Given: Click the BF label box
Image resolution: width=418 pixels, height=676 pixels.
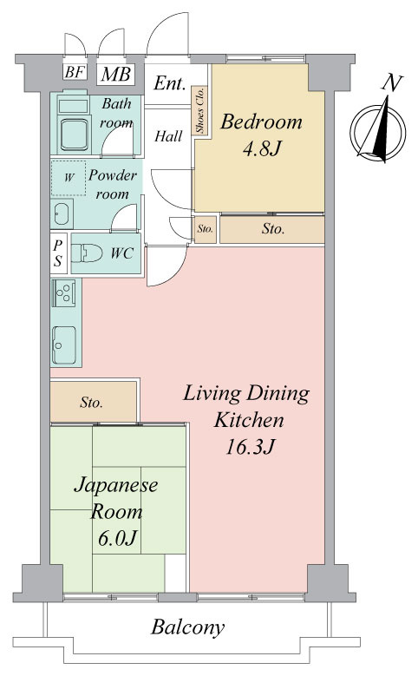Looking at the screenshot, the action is tap(75, 72).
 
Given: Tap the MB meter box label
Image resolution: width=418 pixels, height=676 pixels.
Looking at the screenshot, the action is tap(115, 74).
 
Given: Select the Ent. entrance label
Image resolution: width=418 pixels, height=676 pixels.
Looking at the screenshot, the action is tap(169, 83).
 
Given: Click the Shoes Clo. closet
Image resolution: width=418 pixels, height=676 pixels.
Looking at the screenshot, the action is tap(199, 110).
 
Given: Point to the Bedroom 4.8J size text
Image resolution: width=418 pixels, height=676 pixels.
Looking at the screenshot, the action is tap(262, 149).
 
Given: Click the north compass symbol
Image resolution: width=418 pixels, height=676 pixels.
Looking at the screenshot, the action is tap(378, 129).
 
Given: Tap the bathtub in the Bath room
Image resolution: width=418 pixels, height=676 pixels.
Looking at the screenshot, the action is tap(74, 135).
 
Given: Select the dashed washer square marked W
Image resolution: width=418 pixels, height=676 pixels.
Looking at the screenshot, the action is tap(69, 178).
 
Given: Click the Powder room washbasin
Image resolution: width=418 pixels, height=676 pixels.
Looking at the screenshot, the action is tap(62, 213).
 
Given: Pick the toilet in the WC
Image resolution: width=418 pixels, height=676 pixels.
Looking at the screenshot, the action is tap(87, 253).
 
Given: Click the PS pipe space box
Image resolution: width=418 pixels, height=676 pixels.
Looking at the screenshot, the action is tap(59, 253).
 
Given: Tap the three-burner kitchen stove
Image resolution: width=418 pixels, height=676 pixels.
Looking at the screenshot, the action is tap(64, 292).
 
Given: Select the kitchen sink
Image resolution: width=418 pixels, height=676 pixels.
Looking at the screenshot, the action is tap(64, 345).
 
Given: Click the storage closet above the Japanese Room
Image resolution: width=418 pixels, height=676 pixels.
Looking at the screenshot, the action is tap(94, 402).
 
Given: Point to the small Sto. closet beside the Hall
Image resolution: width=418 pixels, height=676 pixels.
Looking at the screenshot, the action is tap(206, 229).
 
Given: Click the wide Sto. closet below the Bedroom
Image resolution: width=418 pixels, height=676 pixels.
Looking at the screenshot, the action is tap(272, 229).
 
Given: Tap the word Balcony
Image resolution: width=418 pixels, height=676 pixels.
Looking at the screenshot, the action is tap(188, 627).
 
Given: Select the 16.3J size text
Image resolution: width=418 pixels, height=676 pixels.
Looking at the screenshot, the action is tap(250, 447).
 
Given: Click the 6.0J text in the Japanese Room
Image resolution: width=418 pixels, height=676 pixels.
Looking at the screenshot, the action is tap(117, 537).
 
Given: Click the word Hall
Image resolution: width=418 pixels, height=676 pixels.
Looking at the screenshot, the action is tap(168, 136).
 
